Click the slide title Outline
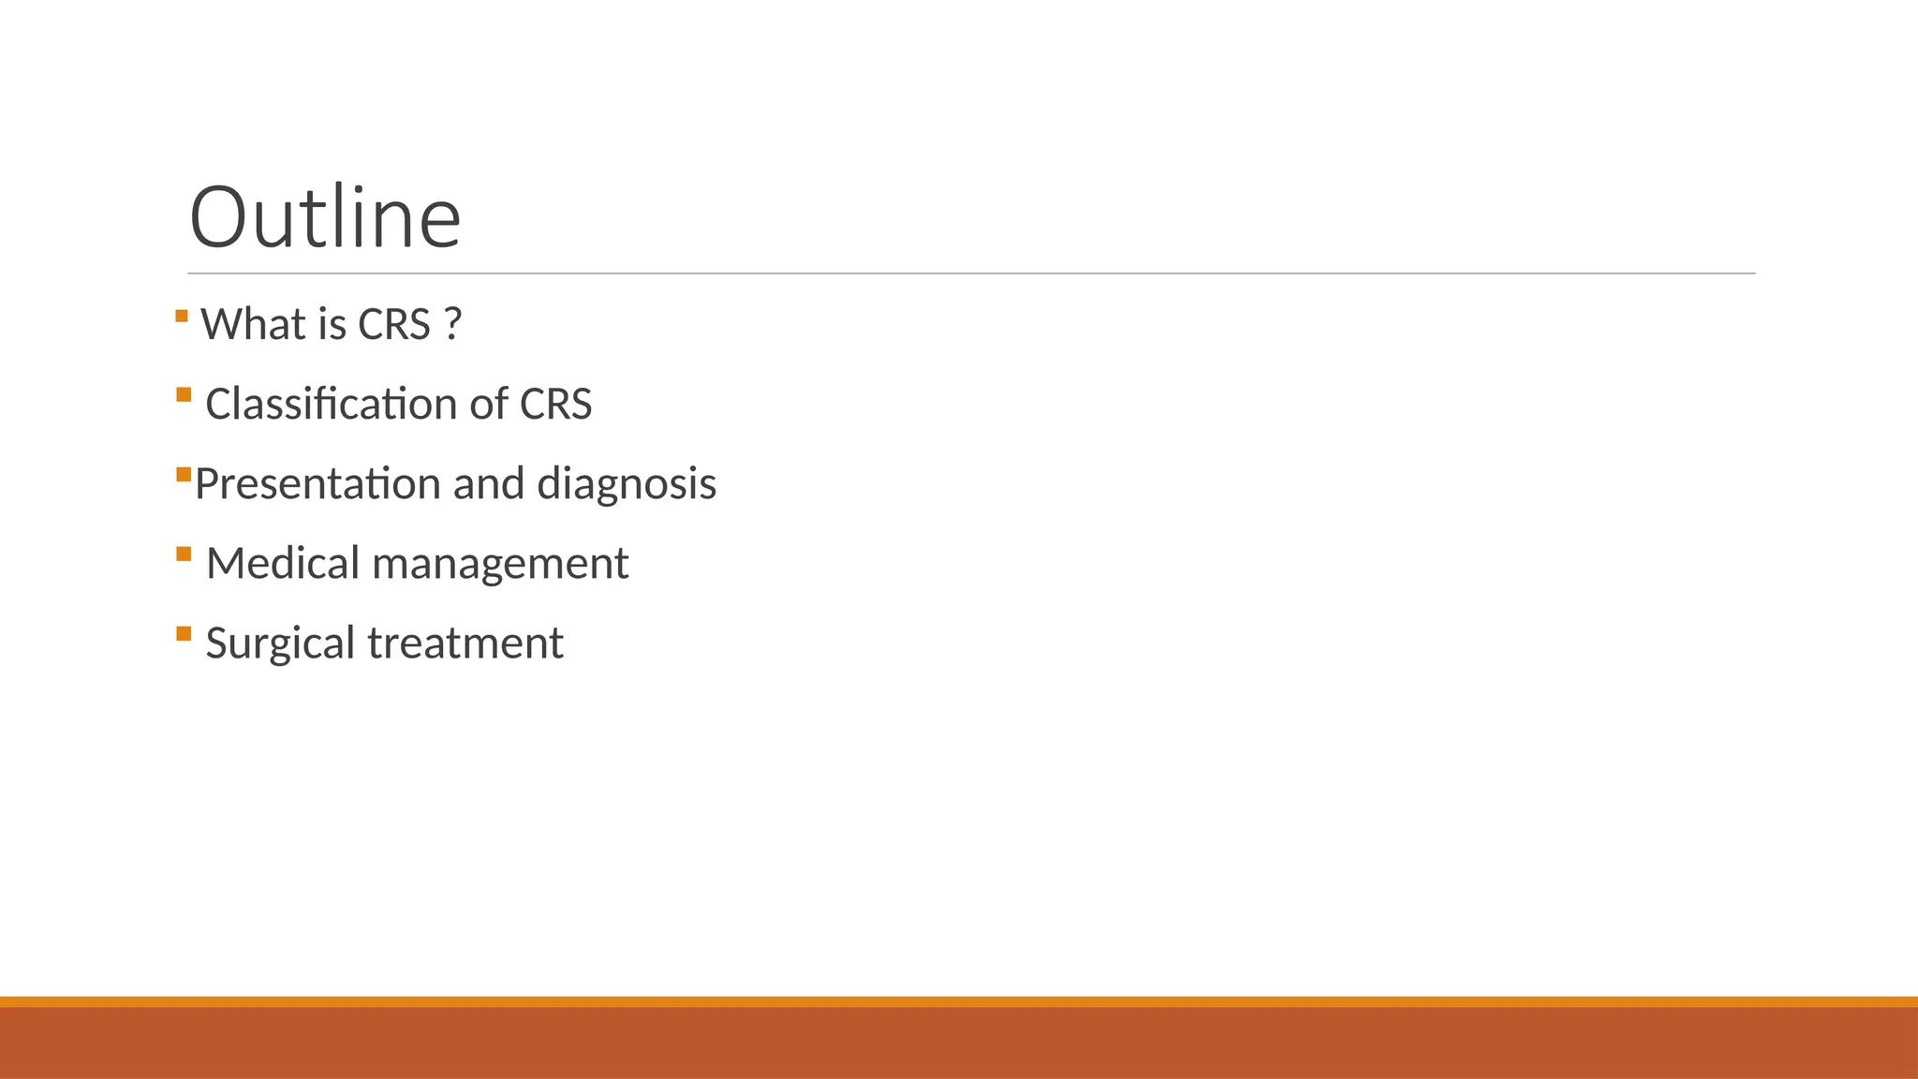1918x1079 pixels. point(325,217)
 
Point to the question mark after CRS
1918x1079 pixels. point(453,325)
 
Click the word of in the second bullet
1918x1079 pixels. point(488,405)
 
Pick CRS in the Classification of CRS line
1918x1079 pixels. point(555,405)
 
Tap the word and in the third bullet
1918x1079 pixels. point(488,484)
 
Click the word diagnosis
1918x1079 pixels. point(627,484)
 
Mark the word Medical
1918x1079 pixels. point(283,564)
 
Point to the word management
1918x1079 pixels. point(500,564)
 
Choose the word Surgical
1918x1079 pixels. point(280,643)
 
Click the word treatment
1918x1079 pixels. point(465,643)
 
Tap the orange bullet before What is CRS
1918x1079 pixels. point(182,316)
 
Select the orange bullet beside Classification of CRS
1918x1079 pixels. point(184,394)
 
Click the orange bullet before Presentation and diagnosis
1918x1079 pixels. point(184,475)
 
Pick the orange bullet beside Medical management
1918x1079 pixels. point(184,554)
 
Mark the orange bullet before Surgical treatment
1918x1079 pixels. point(184,633)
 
